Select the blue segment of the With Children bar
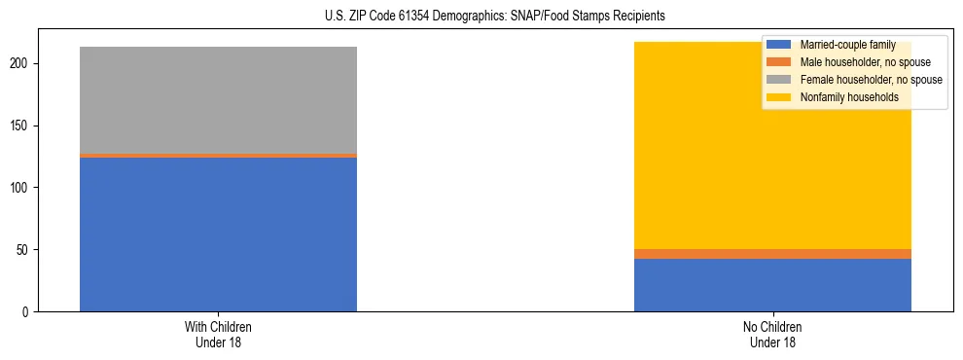coord(218,234)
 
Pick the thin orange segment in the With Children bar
coord(218,156)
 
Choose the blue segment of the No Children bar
coord(772,285)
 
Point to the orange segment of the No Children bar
coord(772,254)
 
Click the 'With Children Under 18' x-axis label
coord(218,334)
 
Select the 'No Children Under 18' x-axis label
coord(772,334)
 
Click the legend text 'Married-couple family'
coord(847,45)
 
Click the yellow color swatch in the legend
coord(779,97)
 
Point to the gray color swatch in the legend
coord(779,80)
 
